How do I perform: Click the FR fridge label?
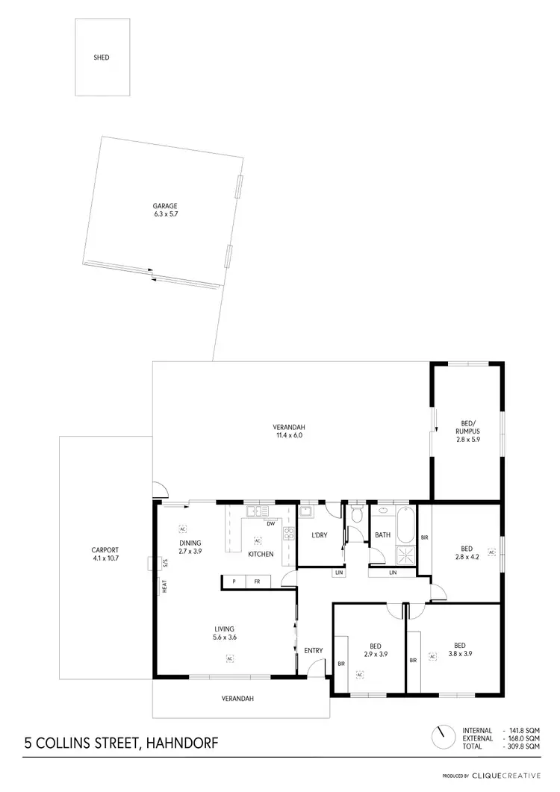(256, 581)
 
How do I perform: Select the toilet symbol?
(356, 515)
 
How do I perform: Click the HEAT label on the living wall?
(164, 587)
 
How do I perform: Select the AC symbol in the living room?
(229, 658)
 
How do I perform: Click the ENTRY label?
(314, 651)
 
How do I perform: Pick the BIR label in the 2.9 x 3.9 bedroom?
(341, 662)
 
